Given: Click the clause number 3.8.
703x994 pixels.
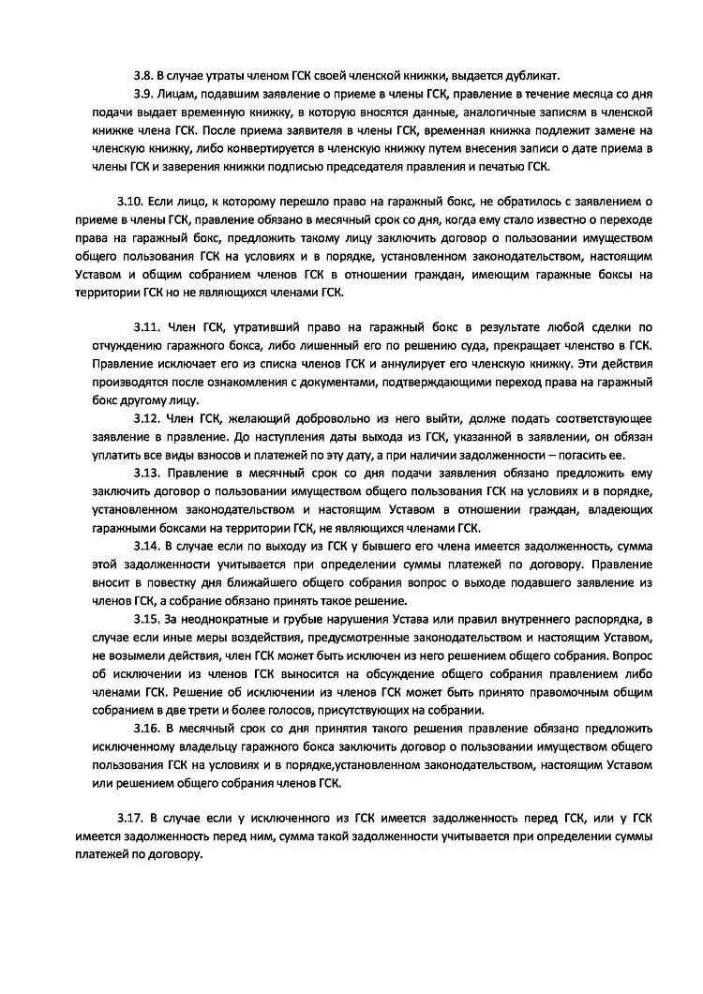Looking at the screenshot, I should (143, 75).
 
